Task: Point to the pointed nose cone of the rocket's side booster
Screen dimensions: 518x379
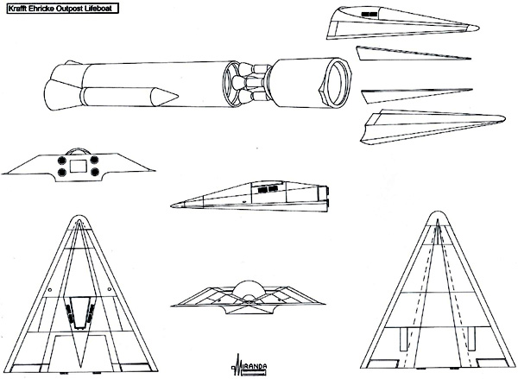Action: pos(165,97)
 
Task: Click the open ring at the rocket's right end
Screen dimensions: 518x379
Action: pos(338,82)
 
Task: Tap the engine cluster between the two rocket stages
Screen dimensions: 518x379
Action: pos(251,83)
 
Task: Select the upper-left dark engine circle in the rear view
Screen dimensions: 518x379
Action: pos(61,161)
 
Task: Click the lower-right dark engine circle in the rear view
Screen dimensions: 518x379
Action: pos(95,172)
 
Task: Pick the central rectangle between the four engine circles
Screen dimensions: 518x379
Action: pos(79,166)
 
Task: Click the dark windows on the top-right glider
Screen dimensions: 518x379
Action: pos(369,15)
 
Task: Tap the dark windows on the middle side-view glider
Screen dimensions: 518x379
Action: pos(268,189)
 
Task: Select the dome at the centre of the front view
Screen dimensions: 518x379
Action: pos(248,291)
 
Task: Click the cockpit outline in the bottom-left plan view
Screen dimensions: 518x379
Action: pos(79,312)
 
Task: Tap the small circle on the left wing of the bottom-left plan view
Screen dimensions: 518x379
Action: pos(49,290)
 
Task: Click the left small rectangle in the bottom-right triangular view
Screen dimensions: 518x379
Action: pos(404,339)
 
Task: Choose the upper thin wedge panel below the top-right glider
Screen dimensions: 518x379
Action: pos(413,54)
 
